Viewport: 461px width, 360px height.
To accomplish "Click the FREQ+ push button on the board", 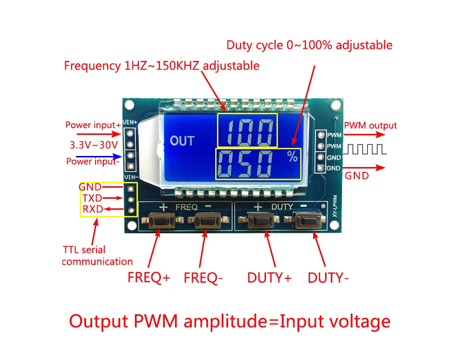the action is [163, 221].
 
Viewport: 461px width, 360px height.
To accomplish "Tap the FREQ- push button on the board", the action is [208, 221].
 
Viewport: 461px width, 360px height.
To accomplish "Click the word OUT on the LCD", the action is [182, 141].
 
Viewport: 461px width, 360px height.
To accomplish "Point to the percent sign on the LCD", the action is [292, 156].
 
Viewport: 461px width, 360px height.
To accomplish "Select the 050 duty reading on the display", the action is [244, 164].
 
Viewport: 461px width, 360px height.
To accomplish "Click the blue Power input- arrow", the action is [99, 156].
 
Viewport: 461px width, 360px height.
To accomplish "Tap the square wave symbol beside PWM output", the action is [365, 149].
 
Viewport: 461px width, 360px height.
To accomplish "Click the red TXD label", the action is [92, 198].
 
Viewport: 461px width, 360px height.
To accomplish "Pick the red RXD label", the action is [93, 209].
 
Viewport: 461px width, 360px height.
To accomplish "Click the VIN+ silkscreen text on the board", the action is [130, 122].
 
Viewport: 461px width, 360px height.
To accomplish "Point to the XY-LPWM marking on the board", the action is [335, 206].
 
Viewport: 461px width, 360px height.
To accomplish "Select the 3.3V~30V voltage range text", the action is [94, 145].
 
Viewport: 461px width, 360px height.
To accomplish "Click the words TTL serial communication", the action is [97, 256].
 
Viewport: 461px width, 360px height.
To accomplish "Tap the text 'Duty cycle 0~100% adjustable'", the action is [309, 45].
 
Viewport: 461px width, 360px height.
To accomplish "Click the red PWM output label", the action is [370, 125].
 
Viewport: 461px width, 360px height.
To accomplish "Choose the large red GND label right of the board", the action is [357, 176].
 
